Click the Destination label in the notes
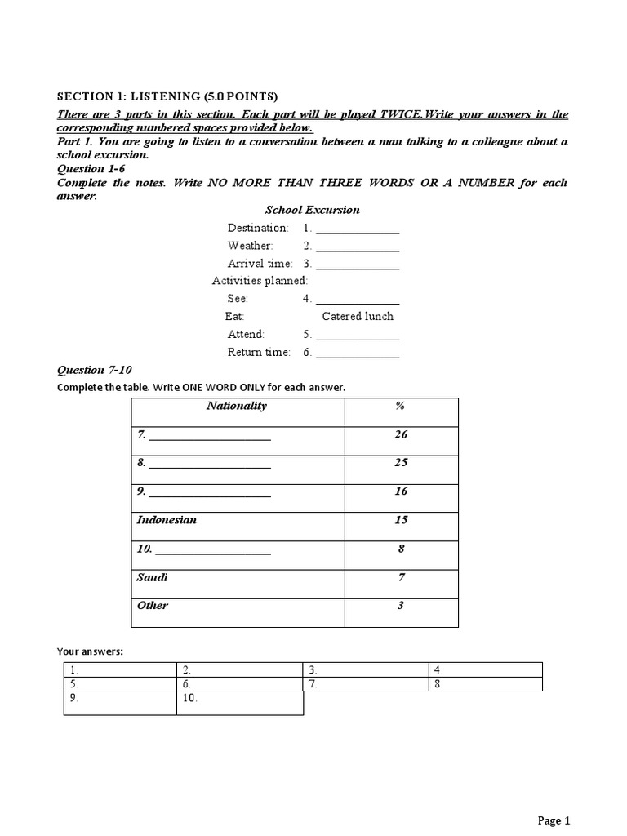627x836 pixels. click(x=258, y=228)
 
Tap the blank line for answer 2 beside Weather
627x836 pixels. click(x=357, y=246)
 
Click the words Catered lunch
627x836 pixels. click(x=358, y=316)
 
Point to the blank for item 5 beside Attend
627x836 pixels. click(x=357, y=335)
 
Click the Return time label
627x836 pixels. click(x=259, y=353)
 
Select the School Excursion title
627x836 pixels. click(x=312, y=210)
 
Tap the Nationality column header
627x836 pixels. click(x=236, y=406)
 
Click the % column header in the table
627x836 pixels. click(x=400, y=406)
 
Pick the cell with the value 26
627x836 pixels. click(x=400, y=434)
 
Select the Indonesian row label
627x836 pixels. click(x=167, y=520)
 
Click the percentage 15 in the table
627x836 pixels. click(x=400, y=520)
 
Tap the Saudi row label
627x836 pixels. click(x=152, y=577)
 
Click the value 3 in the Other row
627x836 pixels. click(x=400, y=606)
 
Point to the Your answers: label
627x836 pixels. click(x=90, y=651)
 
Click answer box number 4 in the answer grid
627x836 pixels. click(x=485, y=669)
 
